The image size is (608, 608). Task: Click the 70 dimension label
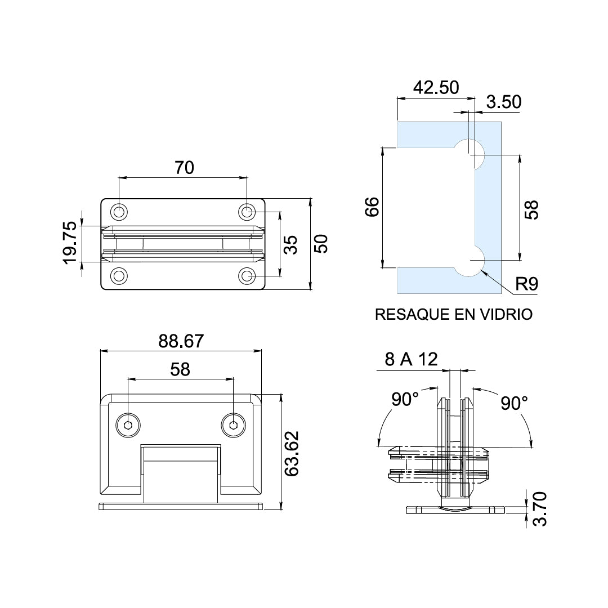pos(184,168)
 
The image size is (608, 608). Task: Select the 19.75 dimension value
pos(70,243)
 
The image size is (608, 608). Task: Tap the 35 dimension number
pos(290,245)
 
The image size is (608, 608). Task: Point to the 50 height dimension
pos(321,244)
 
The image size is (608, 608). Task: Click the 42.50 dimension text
pos(436,88)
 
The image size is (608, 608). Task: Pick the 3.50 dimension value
pos(504,102)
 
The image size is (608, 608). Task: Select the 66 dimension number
pos(372,207)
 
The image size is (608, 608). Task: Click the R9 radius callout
pos(527,284)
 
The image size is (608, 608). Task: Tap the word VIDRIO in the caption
pos(507,314)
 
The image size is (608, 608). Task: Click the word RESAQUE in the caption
pos(412,314)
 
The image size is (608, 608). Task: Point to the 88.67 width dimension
pos(181,341)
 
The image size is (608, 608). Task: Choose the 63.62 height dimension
pos(292,454)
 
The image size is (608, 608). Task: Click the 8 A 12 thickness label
pos(411,359)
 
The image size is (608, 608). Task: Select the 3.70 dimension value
pos(539,509)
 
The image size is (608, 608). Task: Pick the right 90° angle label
pos(514,403)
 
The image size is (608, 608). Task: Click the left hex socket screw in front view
pos(128,426)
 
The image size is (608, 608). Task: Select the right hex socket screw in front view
pos(234,426)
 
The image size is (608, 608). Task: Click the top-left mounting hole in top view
pos(119,212)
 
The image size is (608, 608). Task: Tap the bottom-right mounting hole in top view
pos(247,276)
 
